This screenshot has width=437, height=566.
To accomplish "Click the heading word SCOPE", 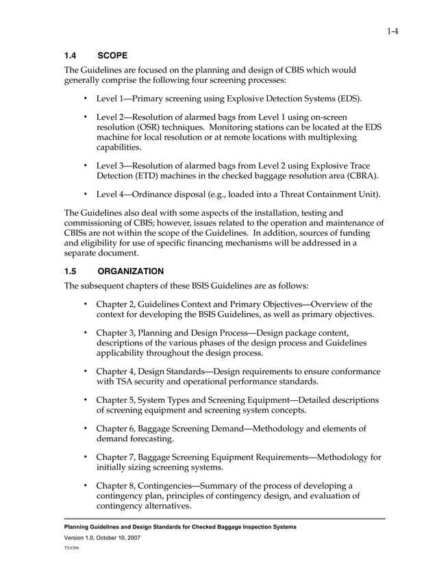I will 112,55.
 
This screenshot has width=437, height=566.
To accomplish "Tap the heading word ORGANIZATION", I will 132,271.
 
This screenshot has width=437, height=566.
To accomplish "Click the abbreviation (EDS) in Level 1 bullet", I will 347,99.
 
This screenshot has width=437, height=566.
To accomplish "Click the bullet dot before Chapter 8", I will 86,486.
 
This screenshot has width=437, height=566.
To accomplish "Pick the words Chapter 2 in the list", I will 115,304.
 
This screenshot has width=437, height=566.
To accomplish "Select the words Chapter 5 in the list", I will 115,399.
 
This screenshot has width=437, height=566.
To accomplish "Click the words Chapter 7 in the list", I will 115,457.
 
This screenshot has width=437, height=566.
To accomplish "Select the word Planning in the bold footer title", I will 81,526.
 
